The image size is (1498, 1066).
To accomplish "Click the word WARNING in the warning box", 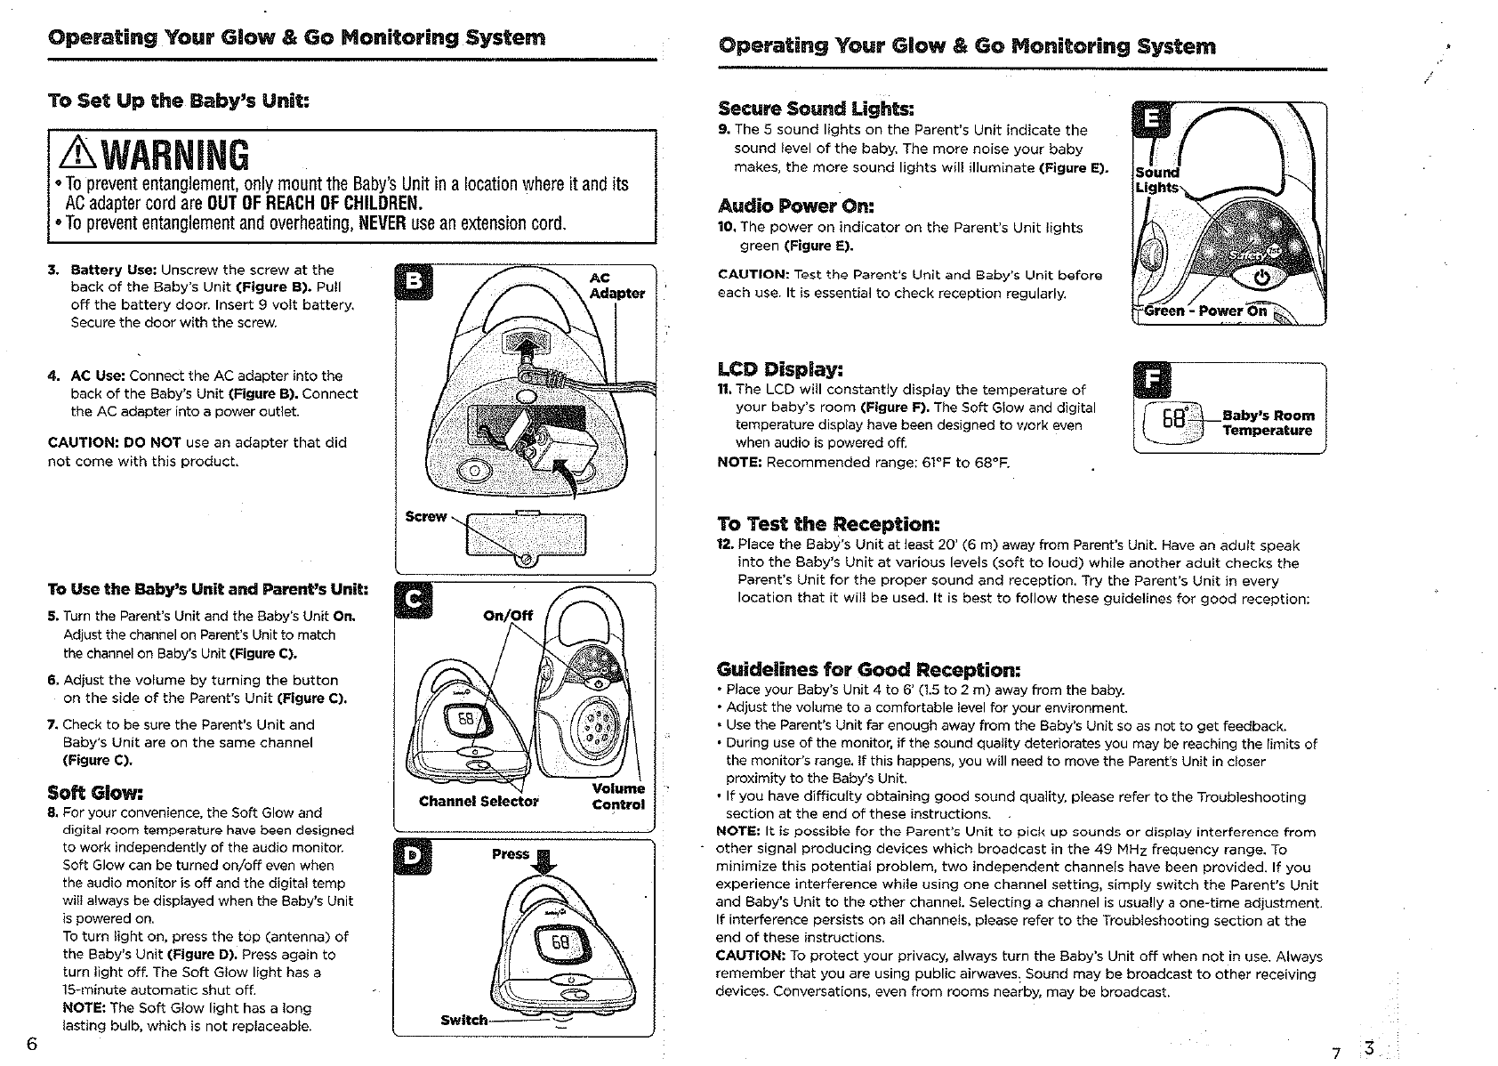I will pyautogui.click(x=176, y=155).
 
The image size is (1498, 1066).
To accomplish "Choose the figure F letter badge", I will pyautogui.click(x=1154, y=382).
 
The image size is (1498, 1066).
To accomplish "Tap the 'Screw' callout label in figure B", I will pyautogui.click(x=425, y=516).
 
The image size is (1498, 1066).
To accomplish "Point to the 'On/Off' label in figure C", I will pyautogui.click(x=507, y=615).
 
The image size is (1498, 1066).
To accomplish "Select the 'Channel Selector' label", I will pyautogui.click(x=479, y=801).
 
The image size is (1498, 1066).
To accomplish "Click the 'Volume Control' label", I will pyautogui.click(x=618, y=796).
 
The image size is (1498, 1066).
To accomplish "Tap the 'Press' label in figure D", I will pyautogui.click(x=511, y=854).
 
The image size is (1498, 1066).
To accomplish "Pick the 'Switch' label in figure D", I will pyautogui.click(x=463, y=1020).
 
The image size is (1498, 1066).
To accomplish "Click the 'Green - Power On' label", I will pyautogui.click(x=1204, y=311).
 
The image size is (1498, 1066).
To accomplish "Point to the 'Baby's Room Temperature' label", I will pyautogui.click(x=1268, y=423).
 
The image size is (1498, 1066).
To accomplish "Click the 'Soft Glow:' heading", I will pyautogui.click(x=95, y=792).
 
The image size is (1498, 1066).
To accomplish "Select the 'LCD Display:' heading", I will pyautogui.click(x=780, y=369).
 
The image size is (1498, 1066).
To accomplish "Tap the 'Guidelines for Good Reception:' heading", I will pyautogui.click(x=868, y=669).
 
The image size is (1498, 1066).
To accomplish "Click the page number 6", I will pyautogui.click(x=32, y=1044).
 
